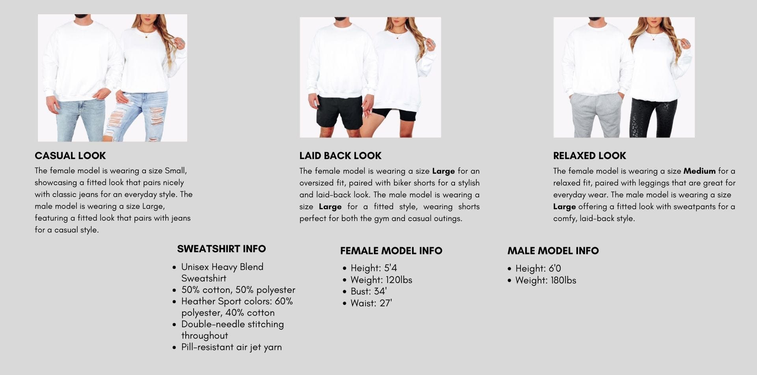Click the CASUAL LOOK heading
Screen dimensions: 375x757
point(70,156)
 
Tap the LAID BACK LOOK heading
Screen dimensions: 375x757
point(340,156)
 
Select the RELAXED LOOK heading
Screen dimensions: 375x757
point(589,156)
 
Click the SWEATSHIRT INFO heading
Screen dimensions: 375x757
point(221,249)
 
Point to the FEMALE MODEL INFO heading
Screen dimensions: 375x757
point(391,251)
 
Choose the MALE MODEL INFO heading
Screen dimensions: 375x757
point(553,251)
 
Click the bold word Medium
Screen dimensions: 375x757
point(699,171)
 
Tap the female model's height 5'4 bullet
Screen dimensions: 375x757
point(373,268)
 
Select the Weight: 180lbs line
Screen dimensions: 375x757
point(545,280)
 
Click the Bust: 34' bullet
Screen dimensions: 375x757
point(368,291)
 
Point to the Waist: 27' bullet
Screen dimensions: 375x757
point(371,303)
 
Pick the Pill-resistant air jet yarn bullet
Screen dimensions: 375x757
point(231,347)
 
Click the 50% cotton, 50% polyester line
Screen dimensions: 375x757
point(238,290)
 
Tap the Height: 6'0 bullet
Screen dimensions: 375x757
point(538,268)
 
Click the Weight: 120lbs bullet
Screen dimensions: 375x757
point(381,280)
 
